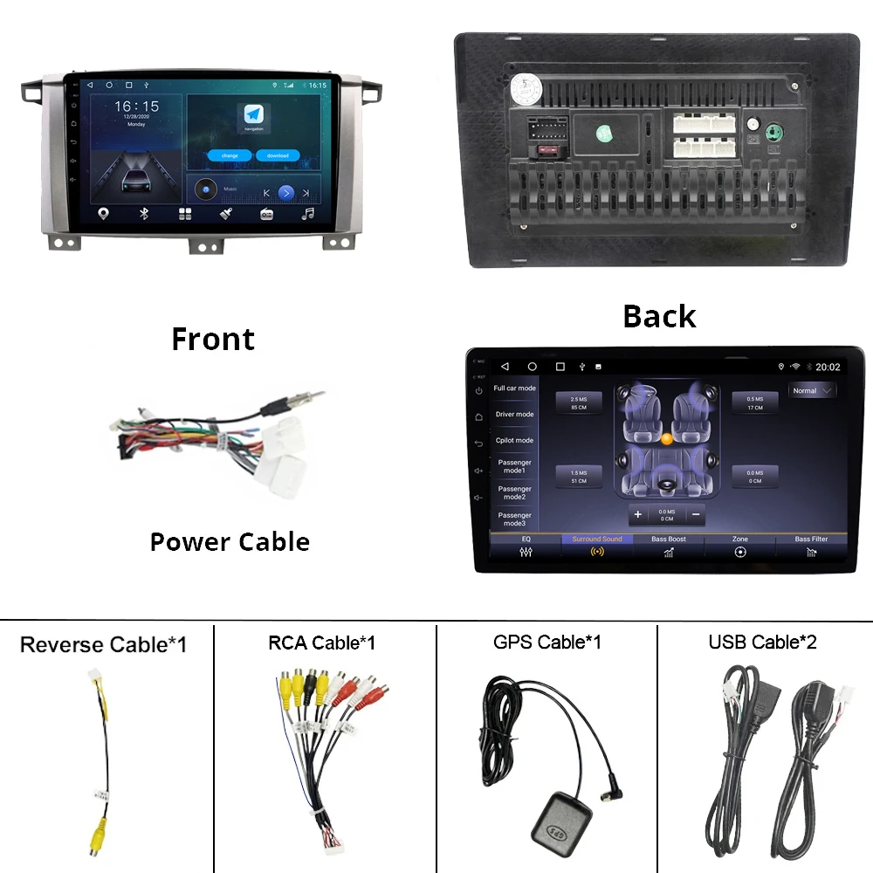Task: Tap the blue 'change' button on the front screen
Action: tap(230, 155)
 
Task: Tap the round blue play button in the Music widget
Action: tap(285, 193)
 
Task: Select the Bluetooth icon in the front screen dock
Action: tap(144, 214)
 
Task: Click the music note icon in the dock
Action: tap(307, 214)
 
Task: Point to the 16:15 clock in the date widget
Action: tap(136, 107)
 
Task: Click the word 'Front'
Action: tap(213, 339)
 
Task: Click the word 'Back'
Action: tap(659, 316)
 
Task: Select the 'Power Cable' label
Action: tap(230, 541)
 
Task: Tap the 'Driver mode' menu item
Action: tap(514, 415)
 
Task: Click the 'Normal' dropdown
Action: tap(812, 390)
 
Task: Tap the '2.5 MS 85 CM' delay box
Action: tap(579, 402)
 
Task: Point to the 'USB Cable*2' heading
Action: tap(762, 643)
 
